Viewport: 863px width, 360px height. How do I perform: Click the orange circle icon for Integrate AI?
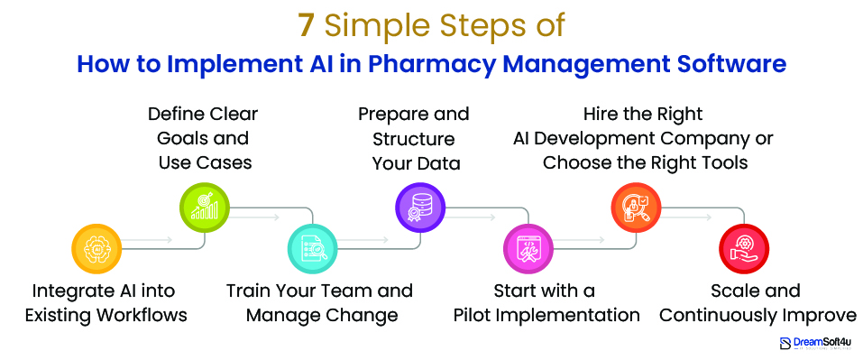[96, 249]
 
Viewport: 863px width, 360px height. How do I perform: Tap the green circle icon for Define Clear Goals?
[205, 209]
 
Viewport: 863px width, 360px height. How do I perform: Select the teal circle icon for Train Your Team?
[313, 249]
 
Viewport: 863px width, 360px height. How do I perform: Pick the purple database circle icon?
[421, 209]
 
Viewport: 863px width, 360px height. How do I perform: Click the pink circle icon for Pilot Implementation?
[528, 249]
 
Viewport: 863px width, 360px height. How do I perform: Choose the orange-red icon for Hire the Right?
[637, 209]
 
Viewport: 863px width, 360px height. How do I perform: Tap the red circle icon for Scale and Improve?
[743, 249]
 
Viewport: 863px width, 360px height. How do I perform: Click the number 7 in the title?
[307, 26]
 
